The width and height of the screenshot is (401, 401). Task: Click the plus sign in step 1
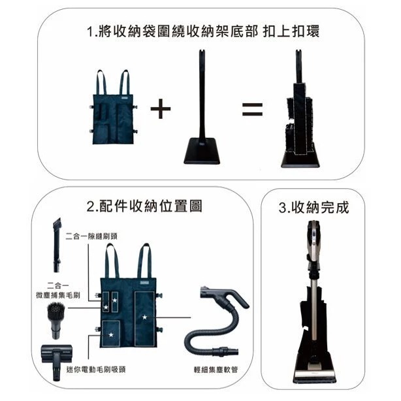coord(161,109)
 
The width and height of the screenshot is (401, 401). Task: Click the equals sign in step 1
coord(252,109)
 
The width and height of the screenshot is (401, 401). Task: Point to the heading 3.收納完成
coord(313,207)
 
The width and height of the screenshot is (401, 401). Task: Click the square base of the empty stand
coord(201,152)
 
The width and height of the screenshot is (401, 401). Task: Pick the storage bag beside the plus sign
coord(114,114)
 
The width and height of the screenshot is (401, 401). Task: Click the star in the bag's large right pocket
coord(144,317)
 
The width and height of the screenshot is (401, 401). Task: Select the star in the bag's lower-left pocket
coord(111,335)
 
